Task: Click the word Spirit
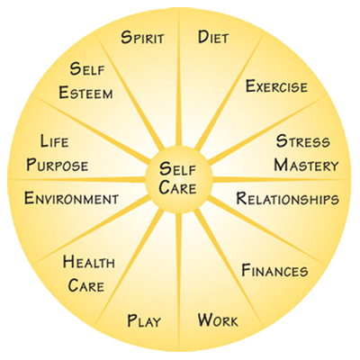pyautogui.click(x=142, y=38)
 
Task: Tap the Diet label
pyautogui.click(x=213, y=38)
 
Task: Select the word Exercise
pyautogui.click(x=276, y=86)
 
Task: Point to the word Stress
pyautogui.click(x=302, y=141)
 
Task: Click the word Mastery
pyautogui.click(x=306, y=165)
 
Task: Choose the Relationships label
pyautogui.click(x=288, y=199)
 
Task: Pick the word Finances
pyautogui.click(x=274, y=270)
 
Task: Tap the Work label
pyautogui.click(x=218, y=320)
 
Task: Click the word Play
pyautogui.click(x=144, y=320)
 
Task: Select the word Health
pyautogui.click(x=89, y=262)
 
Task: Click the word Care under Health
pyautogui.click(x=86, y=285)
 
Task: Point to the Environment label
pyautogui.click(x=71, y=199)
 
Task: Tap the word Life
pyautogui.click(x=54, y=141)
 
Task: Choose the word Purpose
pyautogui.click(x=57, y=165)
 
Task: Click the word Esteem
pyautogui.click(x=85, y=93)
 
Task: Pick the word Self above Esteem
pyautogui.click(x=87, y=68)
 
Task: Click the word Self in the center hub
pyautogui.click(x=177, y=169)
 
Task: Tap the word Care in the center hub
pyautogui.click(x=177, y=187)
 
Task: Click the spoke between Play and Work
pyautogui.click(x=179, y=279)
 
